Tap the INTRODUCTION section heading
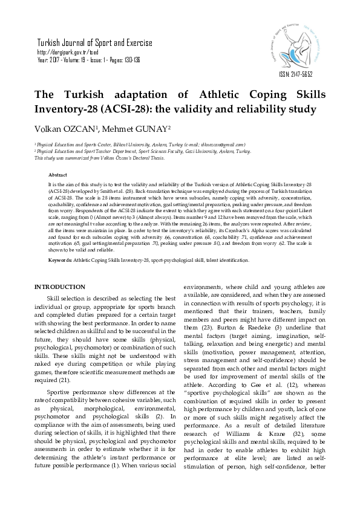click(60, 286)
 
